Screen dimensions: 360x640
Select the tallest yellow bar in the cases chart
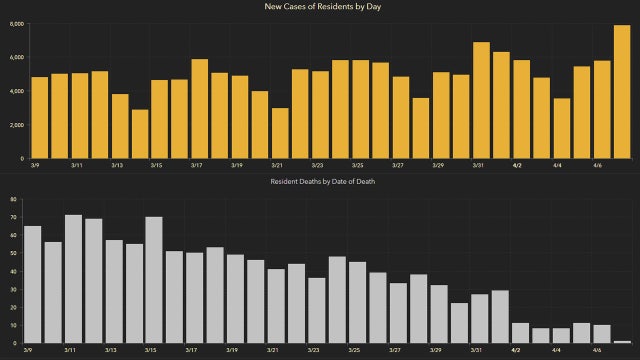click(x=621, y=92)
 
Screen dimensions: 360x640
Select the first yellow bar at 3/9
click(x=39, y=117)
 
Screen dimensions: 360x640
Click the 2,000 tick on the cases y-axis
click(x=16, y=125)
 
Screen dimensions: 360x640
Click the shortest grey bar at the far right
click(x=621, y=342)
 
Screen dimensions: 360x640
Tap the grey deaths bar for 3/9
click(x=32, y=284)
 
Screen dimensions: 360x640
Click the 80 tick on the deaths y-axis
click(x=14, y=199)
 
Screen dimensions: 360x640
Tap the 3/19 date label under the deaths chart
click(x=232, y=351)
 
